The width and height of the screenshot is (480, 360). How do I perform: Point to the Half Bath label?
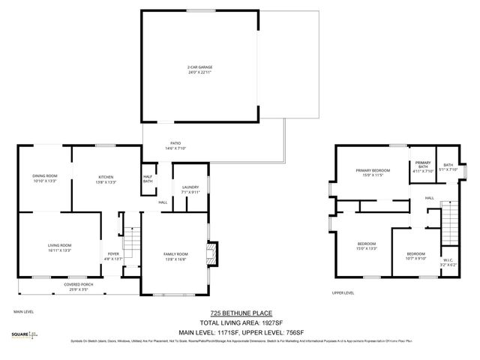tap(148, 179)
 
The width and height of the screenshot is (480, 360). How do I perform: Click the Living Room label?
tap(59, 247)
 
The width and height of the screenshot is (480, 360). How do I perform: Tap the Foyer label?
tap(113, 256)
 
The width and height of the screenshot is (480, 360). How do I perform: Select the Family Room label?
tap(175, 256)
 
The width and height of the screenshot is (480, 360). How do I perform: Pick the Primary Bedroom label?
tap(373, 172)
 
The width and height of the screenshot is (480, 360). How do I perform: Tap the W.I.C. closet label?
tap(449, 262)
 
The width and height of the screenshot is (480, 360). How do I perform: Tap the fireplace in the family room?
tap(212, 252)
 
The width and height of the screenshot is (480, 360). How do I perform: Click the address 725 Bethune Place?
tap(240, 313)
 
